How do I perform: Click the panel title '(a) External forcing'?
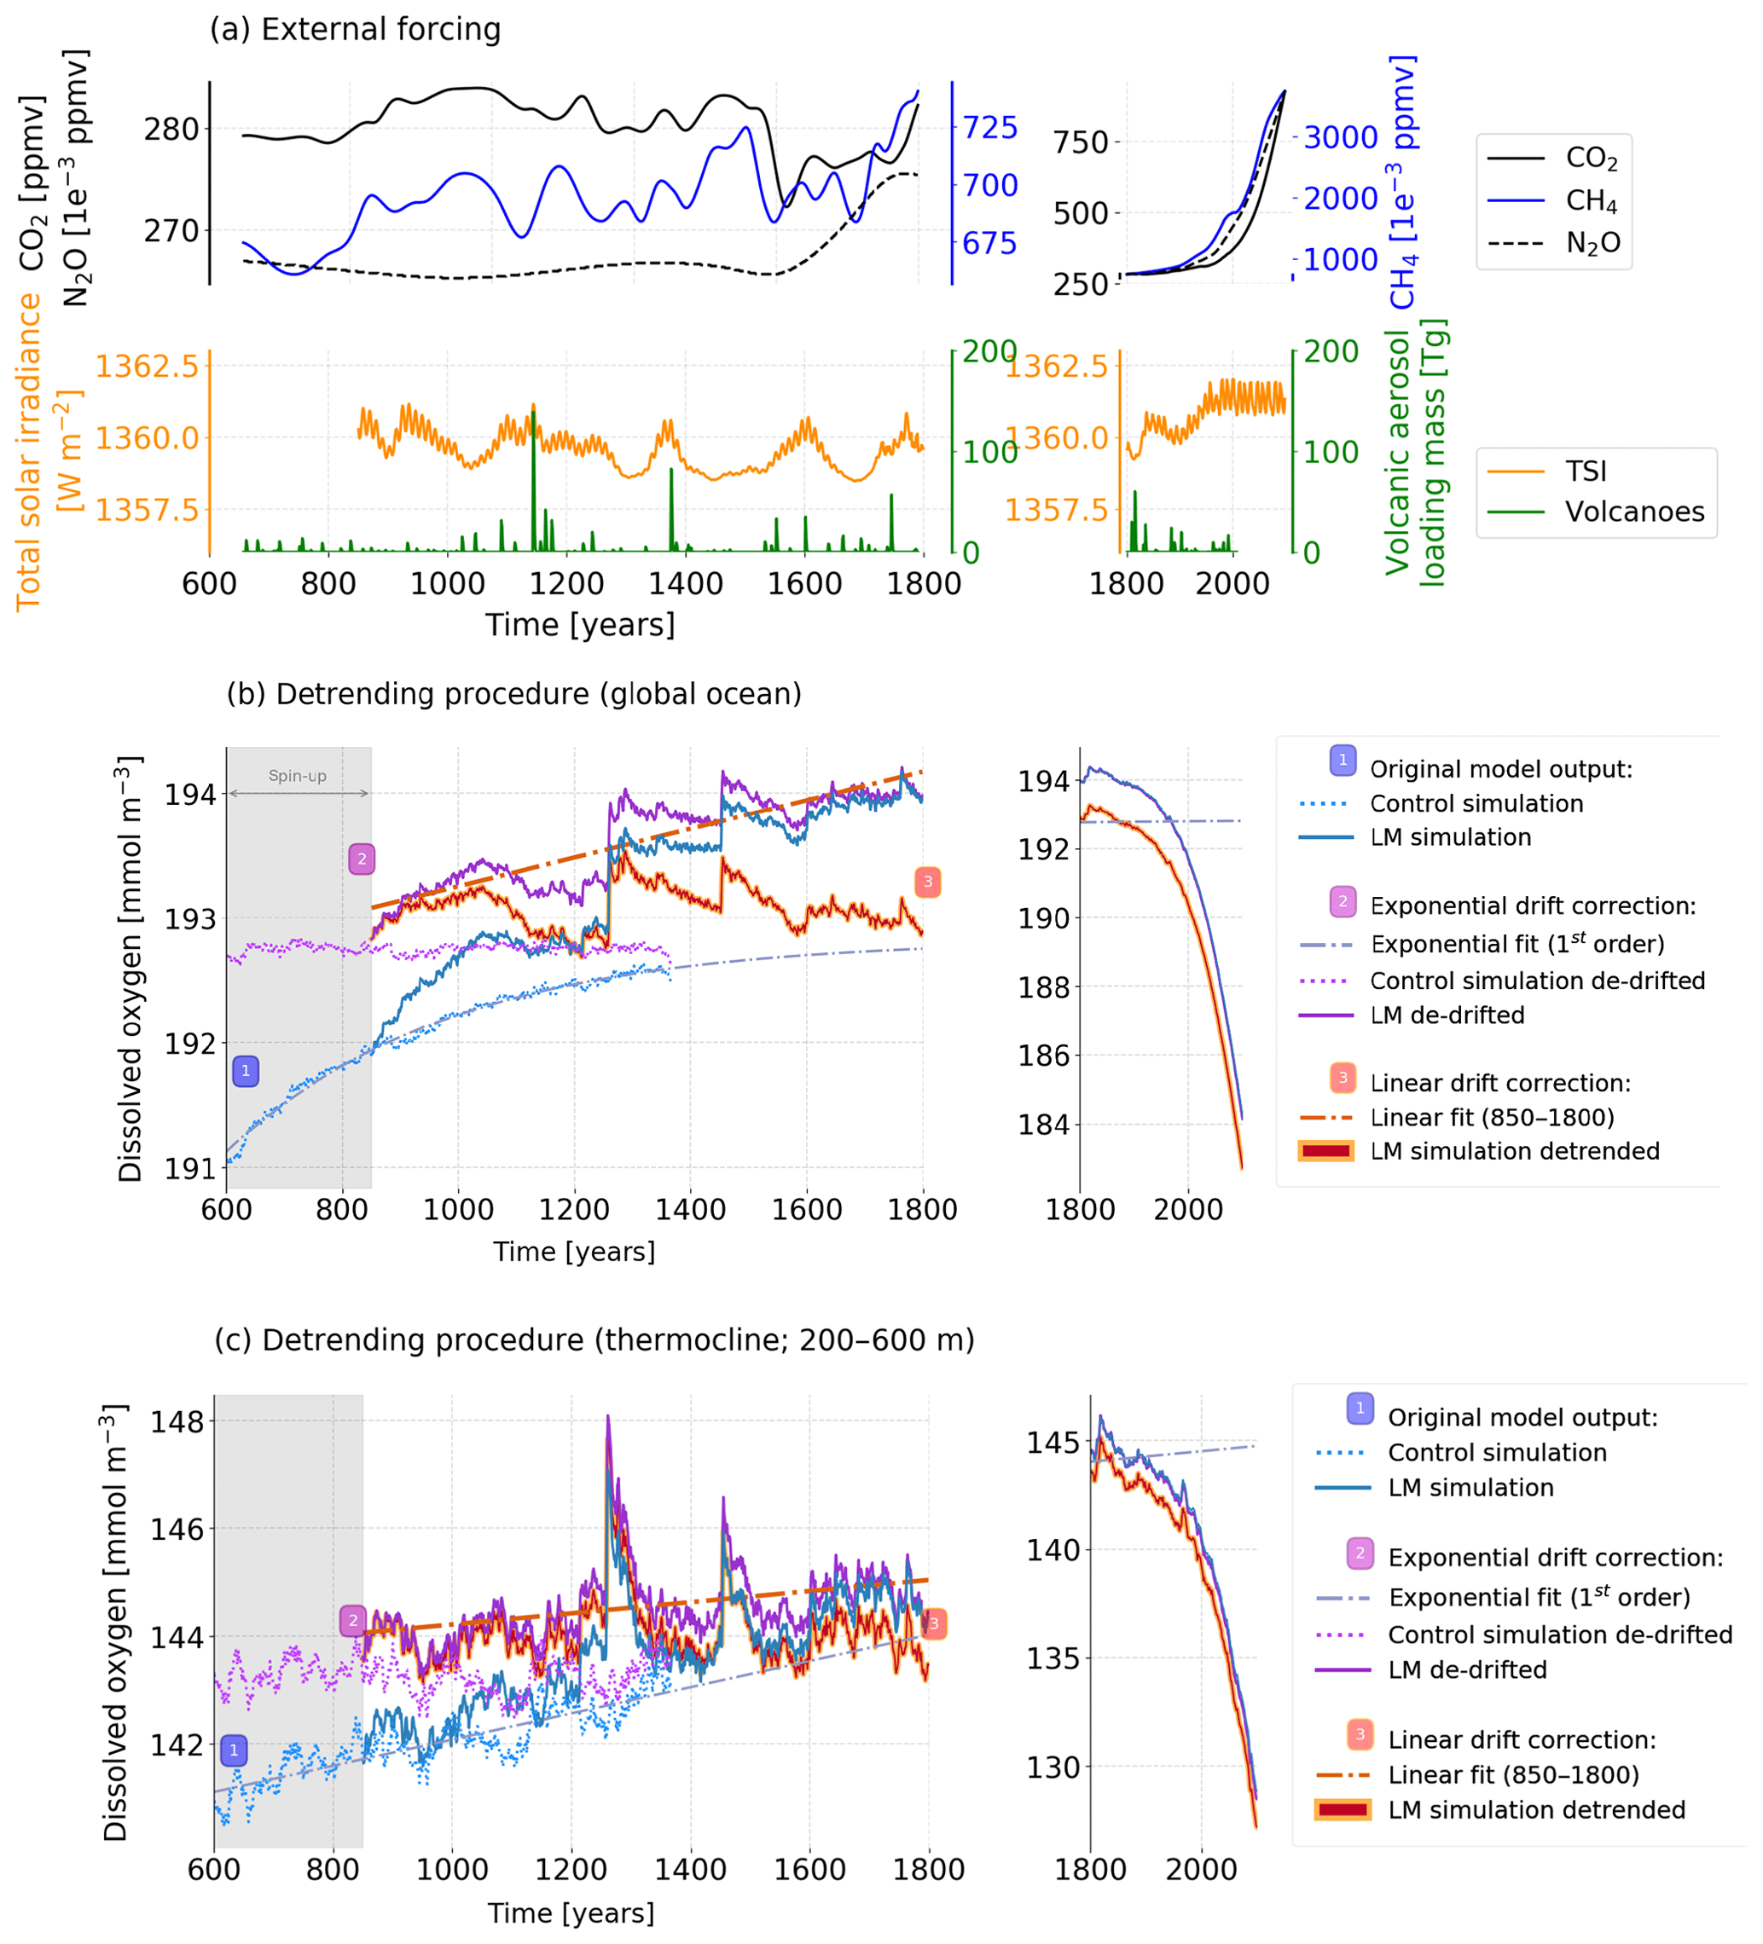click(355, 30)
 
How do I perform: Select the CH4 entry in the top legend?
click(1592, 200)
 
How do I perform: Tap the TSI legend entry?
click(1586, 471)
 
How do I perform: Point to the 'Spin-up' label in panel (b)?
click(297, 775)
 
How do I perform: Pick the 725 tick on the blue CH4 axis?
click(989, 127)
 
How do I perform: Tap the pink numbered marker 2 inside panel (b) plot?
click(362, 859)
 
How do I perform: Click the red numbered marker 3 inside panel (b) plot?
click(928, 882)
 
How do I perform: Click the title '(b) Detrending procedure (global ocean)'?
click(514, 694)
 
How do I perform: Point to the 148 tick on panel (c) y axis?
click(177, 1421)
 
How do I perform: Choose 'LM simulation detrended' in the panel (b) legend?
click(1514, 1150)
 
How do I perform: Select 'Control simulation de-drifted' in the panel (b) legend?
click(1537, 981)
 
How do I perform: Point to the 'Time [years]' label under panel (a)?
click(580, 625)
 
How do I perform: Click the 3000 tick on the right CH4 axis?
click(1341, 138)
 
